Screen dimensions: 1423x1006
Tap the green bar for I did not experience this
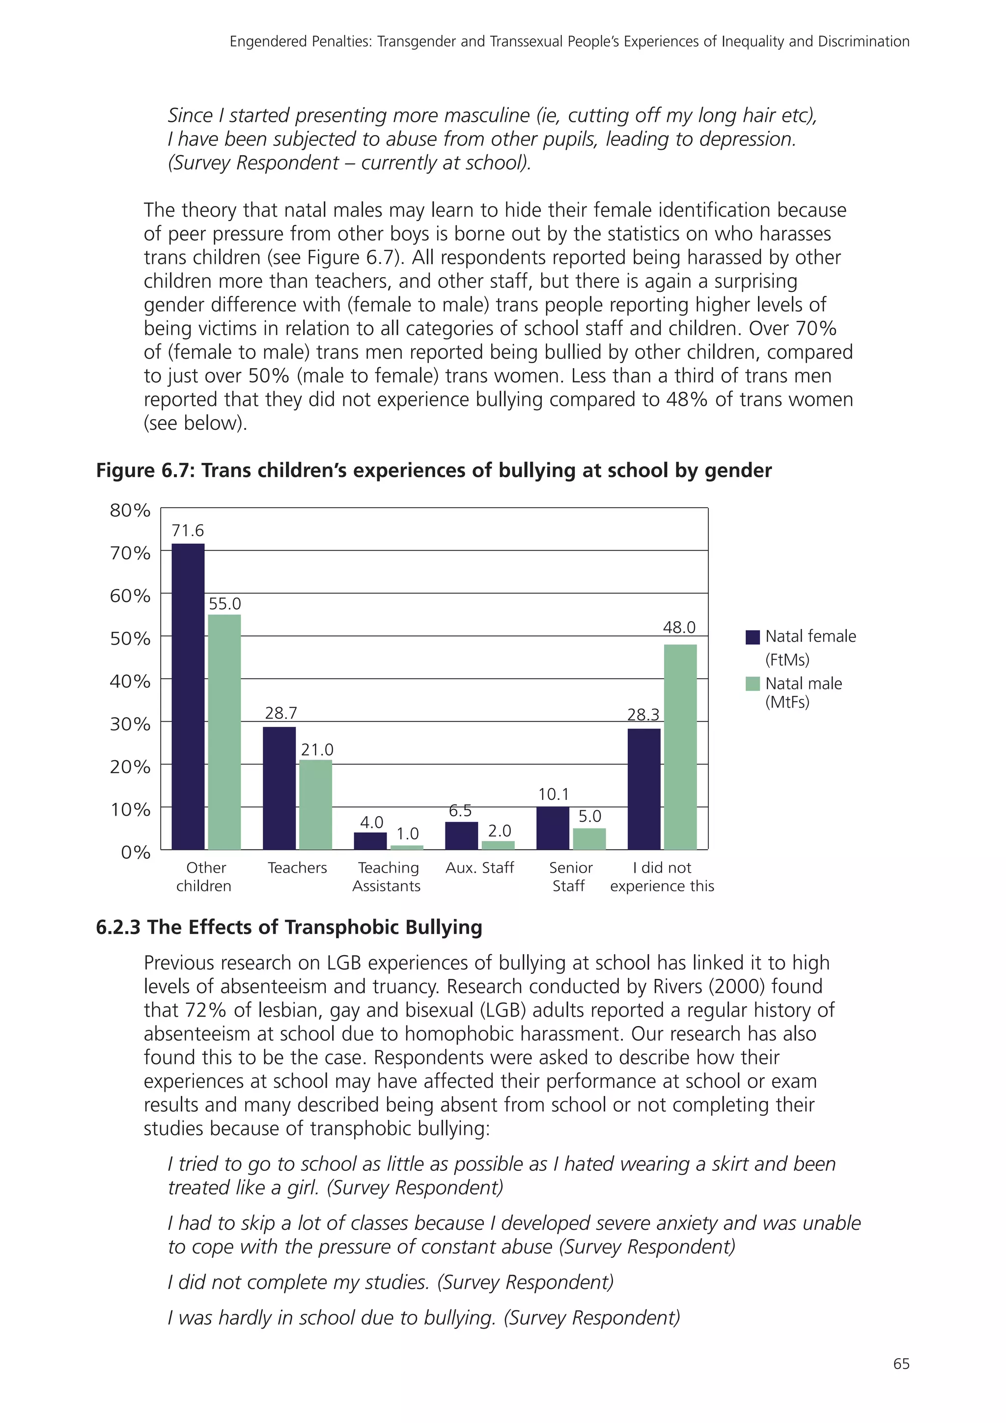pyautogui.click(x=680, y=747)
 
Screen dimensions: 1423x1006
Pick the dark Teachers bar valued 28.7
pyautogui.click(x=279, y=788)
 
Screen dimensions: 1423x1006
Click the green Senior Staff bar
pyautogui.click(x=589, y=839)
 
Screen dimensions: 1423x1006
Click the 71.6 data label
pyautogui.click(x=188, y=531)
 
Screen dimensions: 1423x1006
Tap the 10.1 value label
pyautogui.click(x=553, y=794)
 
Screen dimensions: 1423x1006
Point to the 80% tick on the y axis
pyautogui.click(x=130, y=510)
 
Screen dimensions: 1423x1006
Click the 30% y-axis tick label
pyautogui.click(x=130, y=724)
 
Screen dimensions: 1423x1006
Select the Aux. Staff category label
pyautogui.click(x=479, y=868)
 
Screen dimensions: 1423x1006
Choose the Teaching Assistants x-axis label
pyautogui.click(x=387, y=877)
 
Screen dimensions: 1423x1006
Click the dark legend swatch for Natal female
pyautogui.click(x=753, y=637)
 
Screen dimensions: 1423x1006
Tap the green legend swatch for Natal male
pyautogui.click(x=753, y=683)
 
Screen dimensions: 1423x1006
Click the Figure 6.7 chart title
pyautogui.click(x=434, y=470)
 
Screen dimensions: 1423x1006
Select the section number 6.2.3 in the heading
pyautogui.click(x=118, y=927)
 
